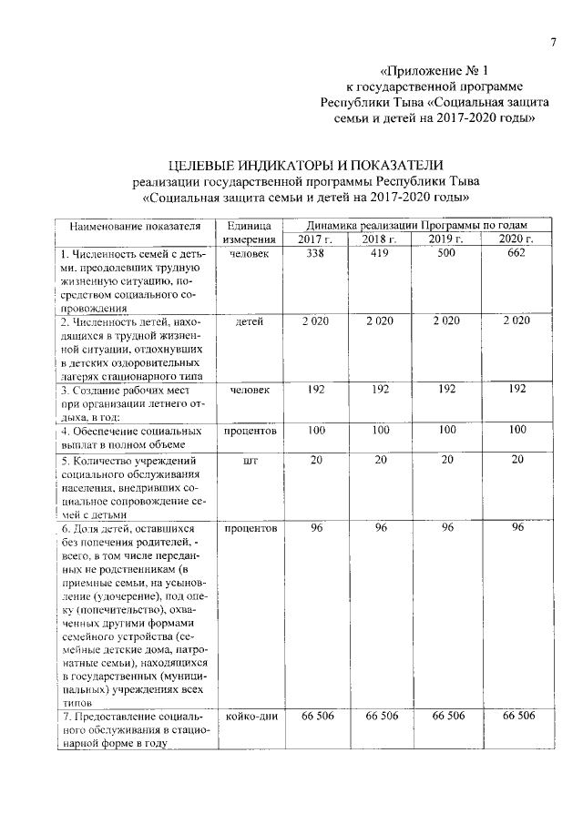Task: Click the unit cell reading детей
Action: click(249, 322)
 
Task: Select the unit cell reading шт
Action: click(250, 461)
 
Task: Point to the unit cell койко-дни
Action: click(250, 716)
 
